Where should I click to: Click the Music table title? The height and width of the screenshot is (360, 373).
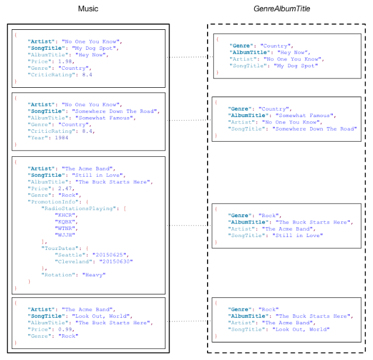pos(88,9)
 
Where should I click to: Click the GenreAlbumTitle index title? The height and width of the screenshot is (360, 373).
pos(282,9)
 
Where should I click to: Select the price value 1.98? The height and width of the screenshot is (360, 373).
pos(65,61)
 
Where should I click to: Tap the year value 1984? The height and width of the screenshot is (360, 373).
pos(61,138)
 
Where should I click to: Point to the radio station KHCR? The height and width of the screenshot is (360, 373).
pos(65,215)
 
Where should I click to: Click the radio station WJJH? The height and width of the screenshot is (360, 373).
pos(65,235)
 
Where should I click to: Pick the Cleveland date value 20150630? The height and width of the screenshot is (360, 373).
pos(116,262)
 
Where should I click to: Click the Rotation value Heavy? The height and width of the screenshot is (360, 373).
pos(94,275)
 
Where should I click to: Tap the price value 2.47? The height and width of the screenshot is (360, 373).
pos(65,188)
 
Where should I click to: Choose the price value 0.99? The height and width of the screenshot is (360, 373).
pos(65,329)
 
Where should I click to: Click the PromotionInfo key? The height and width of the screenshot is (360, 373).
pos(53,202)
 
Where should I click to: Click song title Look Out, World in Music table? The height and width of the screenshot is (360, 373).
pos(101,316)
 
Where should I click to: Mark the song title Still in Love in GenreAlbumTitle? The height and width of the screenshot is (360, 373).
pos(298,235)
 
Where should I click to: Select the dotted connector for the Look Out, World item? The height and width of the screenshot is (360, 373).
pos(189,321)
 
